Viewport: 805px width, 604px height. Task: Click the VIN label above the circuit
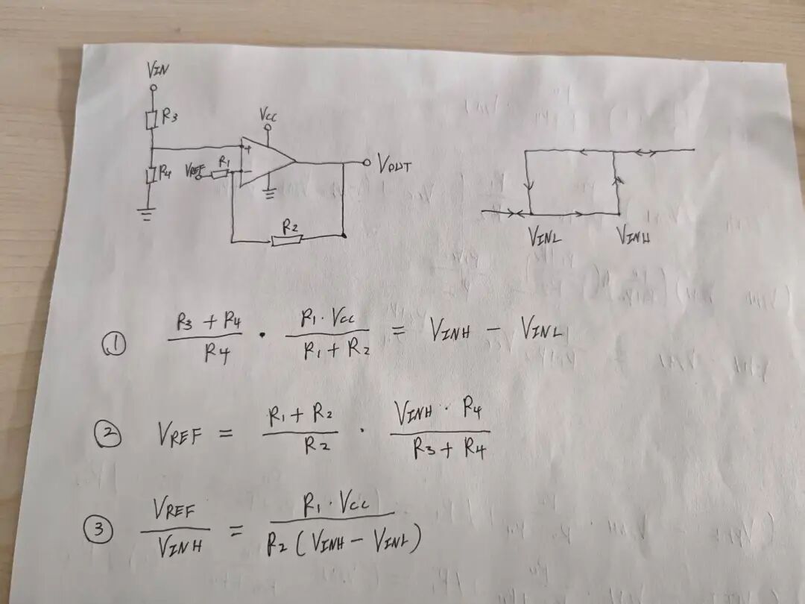coord(157,71)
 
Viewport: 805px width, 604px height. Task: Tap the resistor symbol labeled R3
coord(152,118)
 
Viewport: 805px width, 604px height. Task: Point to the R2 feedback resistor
coord(286,239)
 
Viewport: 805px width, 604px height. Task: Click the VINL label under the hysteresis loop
coord(545,238)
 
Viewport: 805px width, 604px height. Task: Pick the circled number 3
coord(98,530)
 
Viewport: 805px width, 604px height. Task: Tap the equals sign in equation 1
coord(401,333)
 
